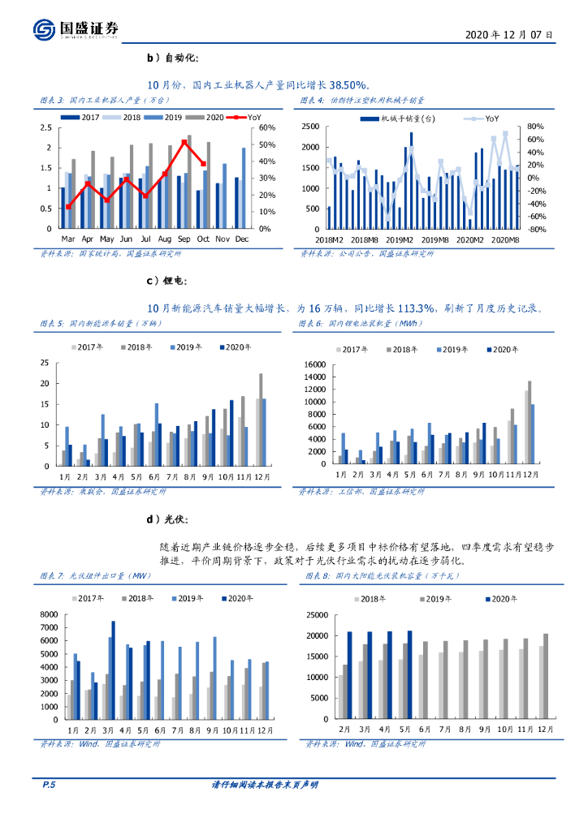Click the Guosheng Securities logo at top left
pyautogui.click(x=76, y=29)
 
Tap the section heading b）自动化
pyautogui.click(x=171, y=58)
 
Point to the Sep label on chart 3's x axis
pyautogui.click(x=184, y=239)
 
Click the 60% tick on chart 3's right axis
pyautogui.click(x=266, y=127)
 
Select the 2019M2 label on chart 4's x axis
pyautogui.click(x=400, y=239)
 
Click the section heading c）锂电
pyautogui.click(x=166, y=281)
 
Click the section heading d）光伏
pyautogui.click(x=166, y=520)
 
